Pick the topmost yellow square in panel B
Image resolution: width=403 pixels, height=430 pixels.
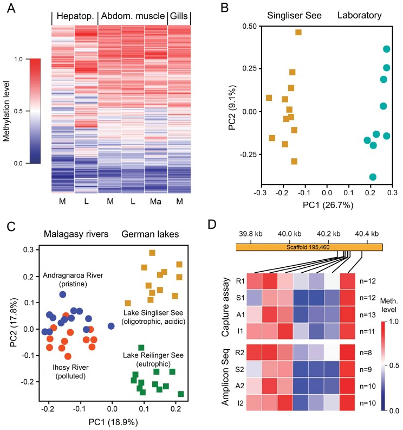coord(298,33)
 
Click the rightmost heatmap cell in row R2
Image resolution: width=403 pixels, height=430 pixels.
coord(348,355)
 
